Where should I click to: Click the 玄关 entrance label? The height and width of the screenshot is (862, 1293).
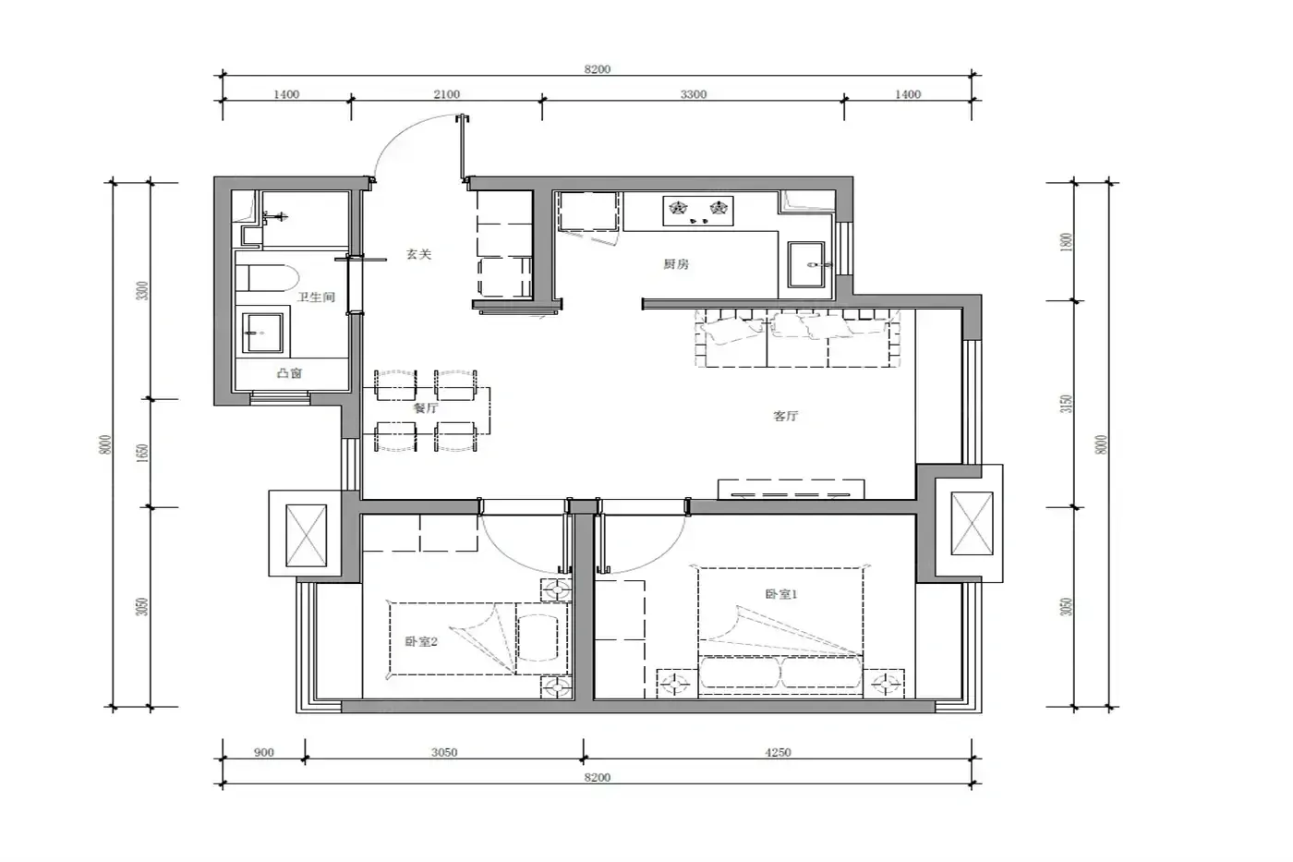(418, 254)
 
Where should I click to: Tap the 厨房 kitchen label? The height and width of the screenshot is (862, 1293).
(675, 264)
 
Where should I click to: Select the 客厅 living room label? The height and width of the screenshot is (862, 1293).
(785, 416)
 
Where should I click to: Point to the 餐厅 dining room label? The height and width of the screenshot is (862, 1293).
(426, 408)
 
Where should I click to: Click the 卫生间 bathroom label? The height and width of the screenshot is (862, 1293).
(316, 297)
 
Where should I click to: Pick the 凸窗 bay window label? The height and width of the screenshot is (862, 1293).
(289, 373)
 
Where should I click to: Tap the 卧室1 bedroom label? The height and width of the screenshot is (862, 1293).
(781, 594)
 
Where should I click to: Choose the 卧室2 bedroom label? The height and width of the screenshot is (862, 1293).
(421, 641)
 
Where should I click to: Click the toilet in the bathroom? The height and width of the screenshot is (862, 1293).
(266, 278)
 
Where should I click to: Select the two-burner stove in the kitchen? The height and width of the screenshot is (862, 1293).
(698, 211)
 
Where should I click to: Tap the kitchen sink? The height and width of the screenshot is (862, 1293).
(806, 265)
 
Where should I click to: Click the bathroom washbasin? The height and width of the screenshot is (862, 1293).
(262, 334)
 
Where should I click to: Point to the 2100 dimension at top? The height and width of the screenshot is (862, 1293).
(447, 94)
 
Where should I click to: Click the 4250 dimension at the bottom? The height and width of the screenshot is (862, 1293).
(778, 752)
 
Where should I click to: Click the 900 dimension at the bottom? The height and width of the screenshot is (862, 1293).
(264, 752)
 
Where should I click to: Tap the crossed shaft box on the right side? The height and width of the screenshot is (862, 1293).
(972, 523)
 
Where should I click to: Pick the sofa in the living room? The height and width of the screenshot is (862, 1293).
(798, 338)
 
